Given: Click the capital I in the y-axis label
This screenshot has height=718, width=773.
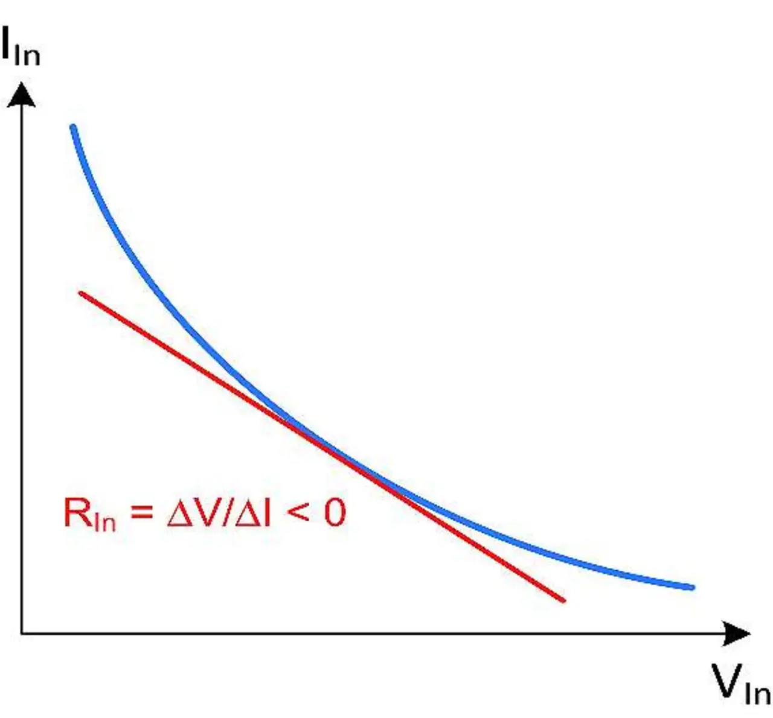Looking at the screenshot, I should tap(8, 44).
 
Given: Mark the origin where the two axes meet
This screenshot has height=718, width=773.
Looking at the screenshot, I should tap(22, 634).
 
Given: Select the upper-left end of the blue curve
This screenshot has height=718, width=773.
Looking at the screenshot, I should tap(73, 128).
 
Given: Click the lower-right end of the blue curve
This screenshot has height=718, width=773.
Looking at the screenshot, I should tap(691, 587).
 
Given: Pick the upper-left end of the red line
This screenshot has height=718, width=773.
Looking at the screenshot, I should tap(81, 294).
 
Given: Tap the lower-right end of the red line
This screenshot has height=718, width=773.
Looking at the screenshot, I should tap(563, 600).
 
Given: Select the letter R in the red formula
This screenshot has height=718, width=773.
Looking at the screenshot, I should tap(77, 513).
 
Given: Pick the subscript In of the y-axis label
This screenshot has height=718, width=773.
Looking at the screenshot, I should tap(27, 54).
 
